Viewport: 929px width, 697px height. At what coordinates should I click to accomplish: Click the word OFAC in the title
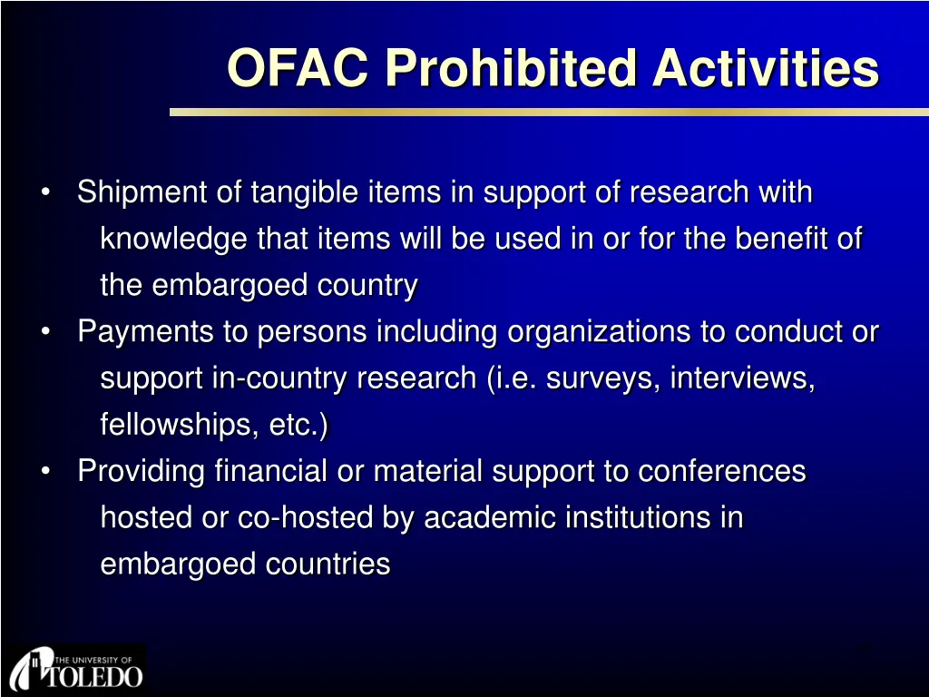(x=298, y=67)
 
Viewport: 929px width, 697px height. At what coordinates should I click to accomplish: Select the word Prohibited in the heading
(x=511, y=67)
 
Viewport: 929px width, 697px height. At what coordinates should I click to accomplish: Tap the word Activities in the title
(x=766, y=67)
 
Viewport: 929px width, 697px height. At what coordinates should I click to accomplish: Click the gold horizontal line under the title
(x=549, y=112)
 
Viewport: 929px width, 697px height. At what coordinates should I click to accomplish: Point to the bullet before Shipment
(x=45, y=192)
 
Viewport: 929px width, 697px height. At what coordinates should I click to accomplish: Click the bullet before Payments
(x=45, y=331)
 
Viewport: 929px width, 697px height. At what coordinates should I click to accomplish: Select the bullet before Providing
(x=45, y=471)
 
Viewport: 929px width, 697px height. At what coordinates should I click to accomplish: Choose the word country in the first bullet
(x=367, y=286)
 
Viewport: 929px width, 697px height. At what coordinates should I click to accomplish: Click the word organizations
(x=599, y=332)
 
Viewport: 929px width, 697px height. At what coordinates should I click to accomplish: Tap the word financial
(x=270, y=471)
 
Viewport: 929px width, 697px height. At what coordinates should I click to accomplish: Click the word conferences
(x=721, y=472)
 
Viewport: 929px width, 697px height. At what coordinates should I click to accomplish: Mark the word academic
(x=489, y=517)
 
